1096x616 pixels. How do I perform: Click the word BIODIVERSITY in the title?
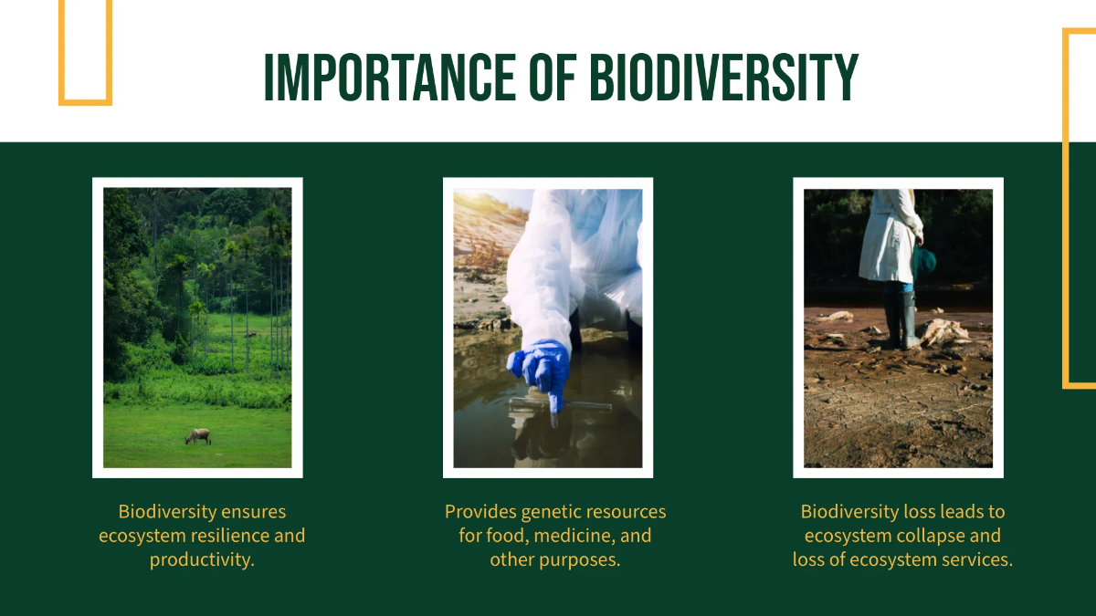coord(724,78)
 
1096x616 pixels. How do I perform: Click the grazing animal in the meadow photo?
coord(198,436)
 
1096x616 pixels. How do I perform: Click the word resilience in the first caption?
coord(229,536)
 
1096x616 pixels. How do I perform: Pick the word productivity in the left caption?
coord(201,559)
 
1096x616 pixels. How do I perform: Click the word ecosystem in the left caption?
coord(141,536)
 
